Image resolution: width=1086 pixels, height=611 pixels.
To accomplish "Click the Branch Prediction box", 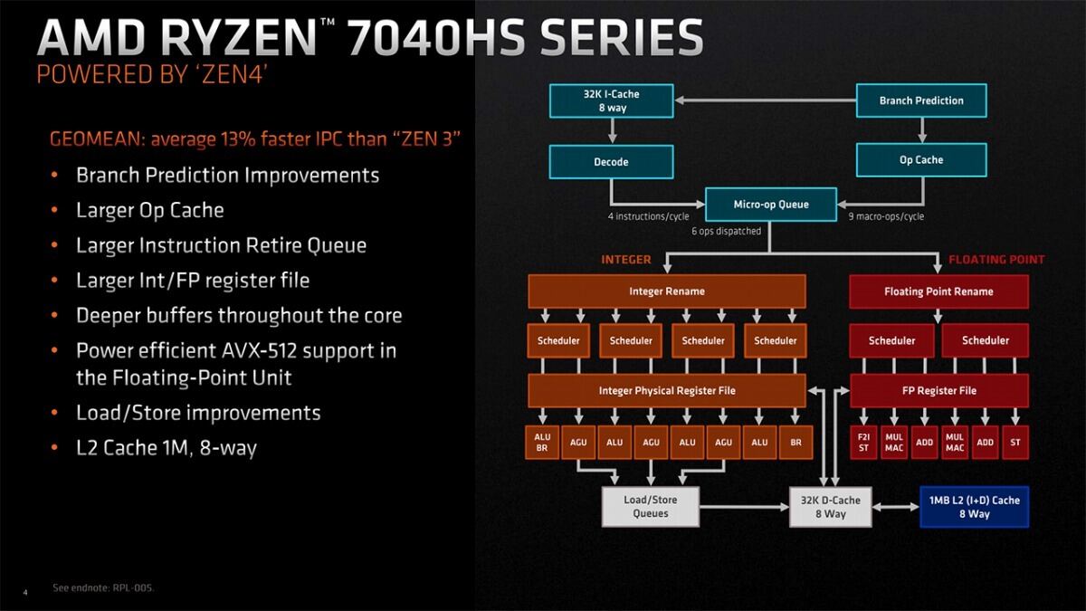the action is coord(921,100).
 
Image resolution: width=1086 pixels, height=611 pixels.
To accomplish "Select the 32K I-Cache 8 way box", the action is coord(612,100).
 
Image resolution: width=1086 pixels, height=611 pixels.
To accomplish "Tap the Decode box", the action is coord(612,162).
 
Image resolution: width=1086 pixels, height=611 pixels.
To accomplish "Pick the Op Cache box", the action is coord(921,160).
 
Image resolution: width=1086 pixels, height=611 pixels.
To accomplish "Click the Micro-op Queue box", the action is coord(771,205).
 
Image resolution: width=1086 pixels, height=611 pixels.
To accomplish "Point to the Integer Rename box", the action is coord(667,291).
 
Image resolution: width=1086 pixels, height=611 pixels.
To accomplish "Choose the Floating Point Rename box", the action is coord(938,291).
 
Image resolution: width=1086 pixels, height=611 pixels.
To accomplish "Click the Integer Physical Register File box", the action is coord(667,390).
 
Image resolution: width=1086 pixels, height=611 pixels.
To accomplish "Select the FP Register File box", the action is coord(939,390).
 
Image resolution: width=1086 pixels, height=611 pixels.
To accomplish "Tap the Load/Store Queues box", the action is coord(651,507).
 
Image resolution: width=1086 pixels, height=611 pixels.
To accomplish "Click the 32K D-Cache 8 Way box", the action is coord(831,507).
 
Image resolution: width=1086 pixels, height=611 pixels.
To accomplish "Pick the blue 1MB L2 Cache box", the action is coord(975,507).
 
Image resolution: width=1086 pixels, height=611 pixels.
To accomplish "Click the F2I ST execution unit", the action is coord(863,443).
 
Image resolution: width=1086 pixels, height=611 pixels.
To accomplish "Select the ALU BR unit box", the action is coord(542,443).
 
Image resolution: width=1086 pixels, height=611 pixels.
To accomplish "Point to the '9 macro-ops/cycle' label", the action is coord(886,216).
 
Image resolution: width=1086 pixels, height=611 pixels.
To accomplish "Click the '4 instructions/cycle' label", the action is coord(649,216).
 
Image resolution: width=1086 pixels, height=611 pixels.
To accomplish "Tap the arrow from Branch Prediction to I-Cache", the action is coord(765,100).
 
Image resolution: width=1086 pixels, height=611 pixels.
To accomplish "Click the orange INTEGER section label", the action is coord(626,260).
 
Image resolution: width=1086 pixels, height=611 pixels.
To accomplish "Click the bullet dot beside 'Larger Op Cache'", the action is coord(55,210).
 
